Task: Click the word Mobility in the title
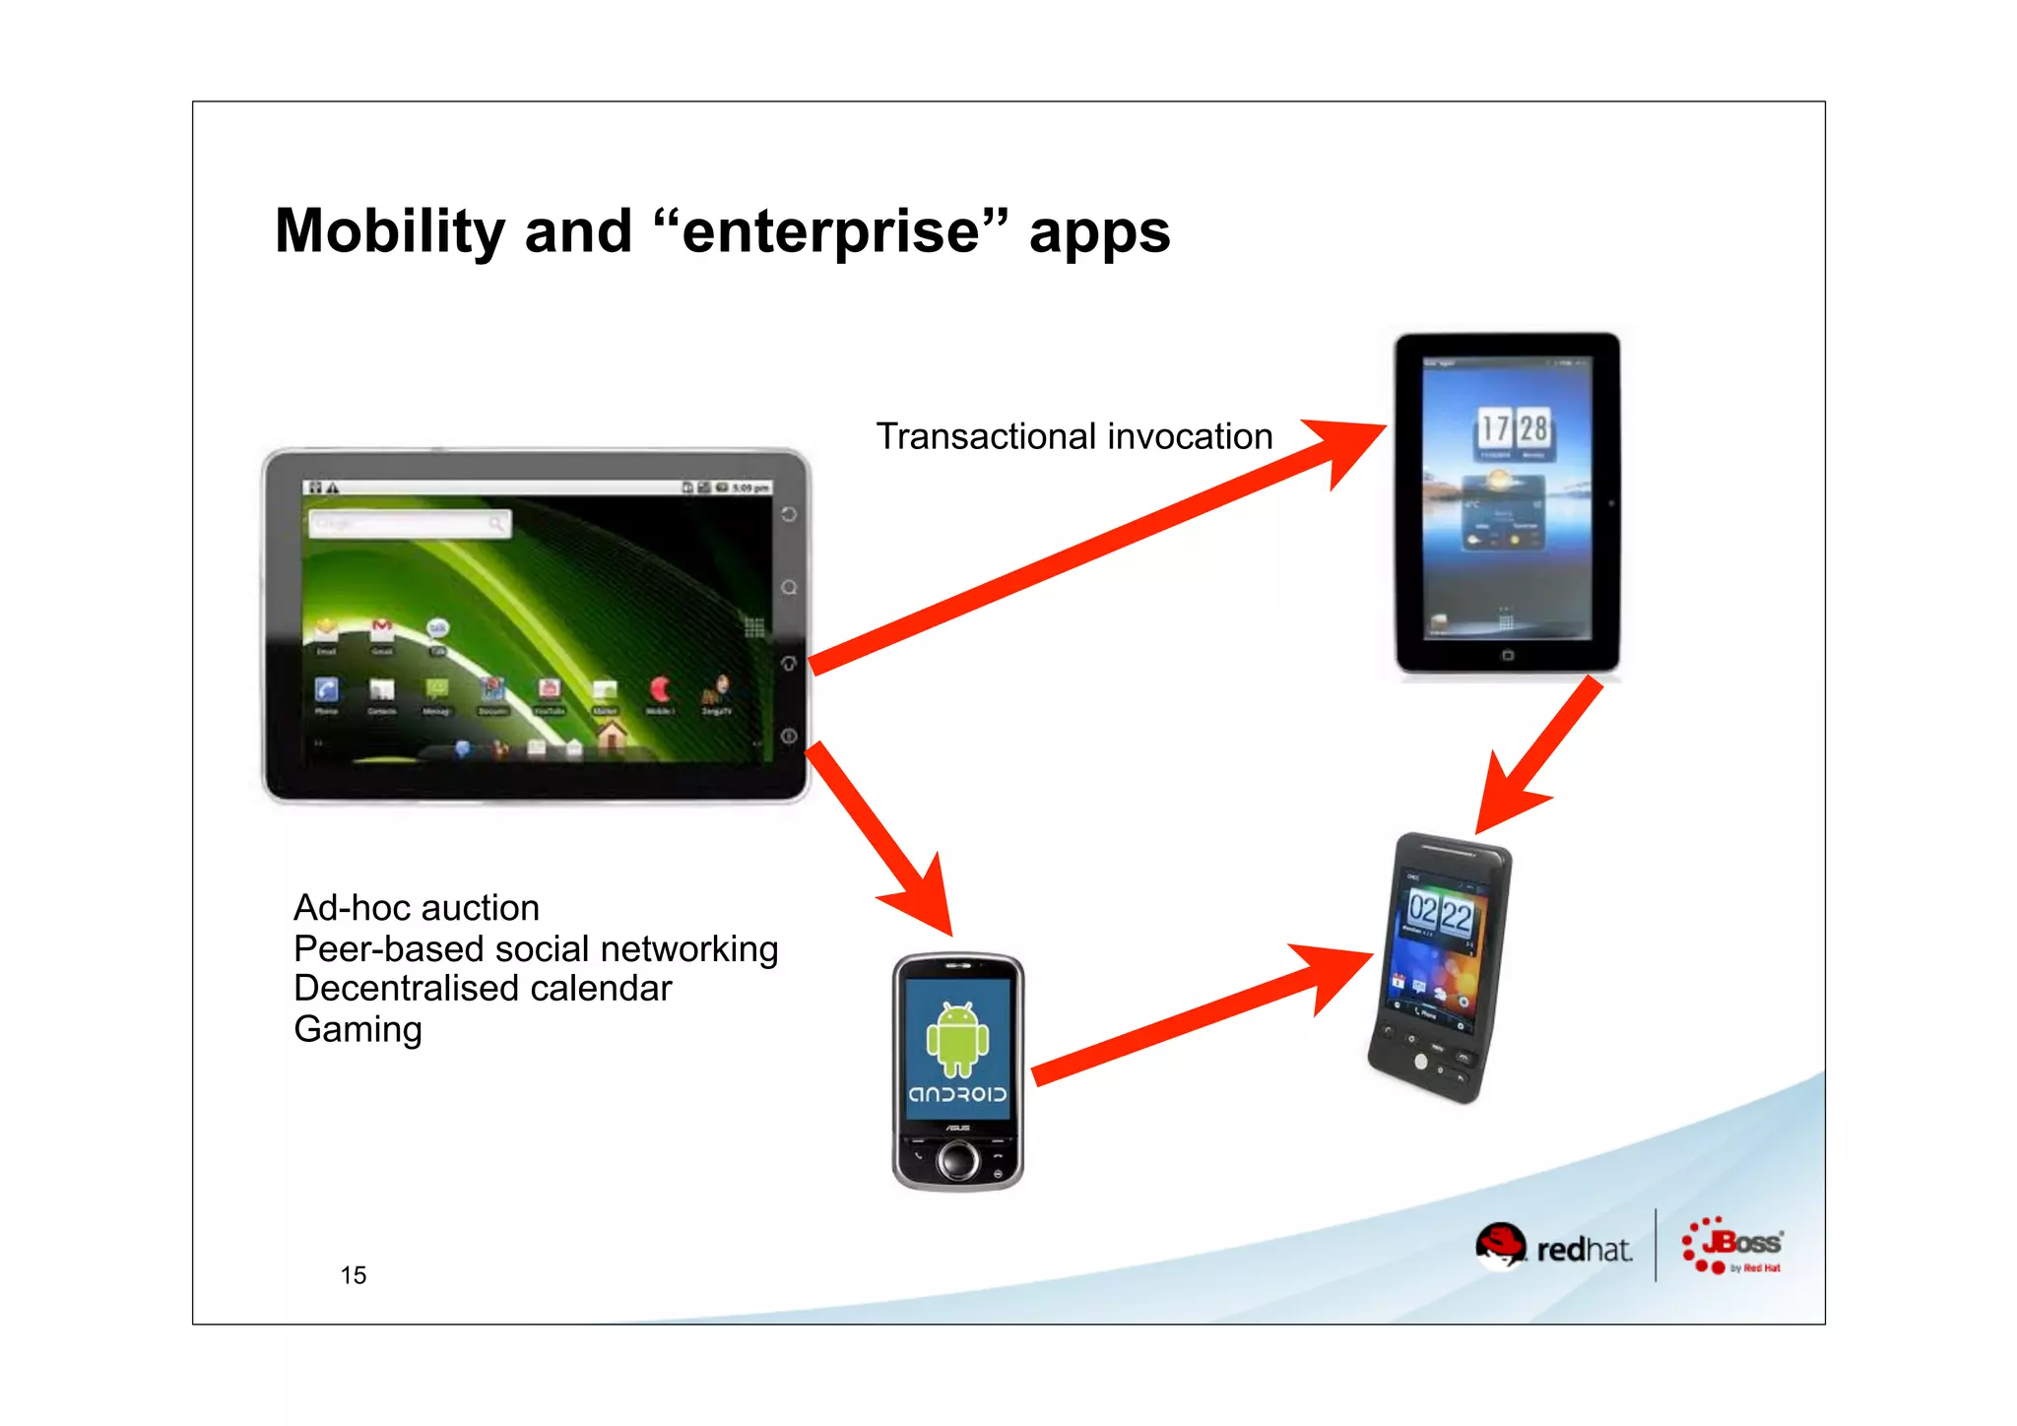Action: click(x=389, y=231)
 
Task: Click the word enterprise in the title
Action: click(x=830, y=231)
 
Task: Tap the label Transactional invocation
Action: click(x=1074, y=436)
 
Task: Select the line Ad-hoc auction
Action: click(x=417, y=907)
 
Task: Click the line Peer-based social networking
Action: click(x=536, y=948)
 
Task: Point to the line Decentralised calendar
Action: click(x=483, y=988)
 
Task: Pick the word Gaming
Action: click(x=358, y=1029)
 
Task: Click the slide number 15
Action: click(x=353, y=1275)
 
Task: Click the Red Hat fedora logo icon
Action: click(x=1500, y=1247)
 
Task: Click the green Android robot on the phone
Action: click(x=956, y=1040)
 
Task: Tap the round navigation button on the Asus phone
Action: click(x=957, y=1160)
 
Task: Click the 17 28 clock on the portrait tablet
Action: click(x=1513, y=428)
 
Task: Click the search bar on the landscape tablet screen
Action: click(x=409, y=524)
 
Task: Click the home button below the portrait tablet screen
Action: click(x=1507, y=655)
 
